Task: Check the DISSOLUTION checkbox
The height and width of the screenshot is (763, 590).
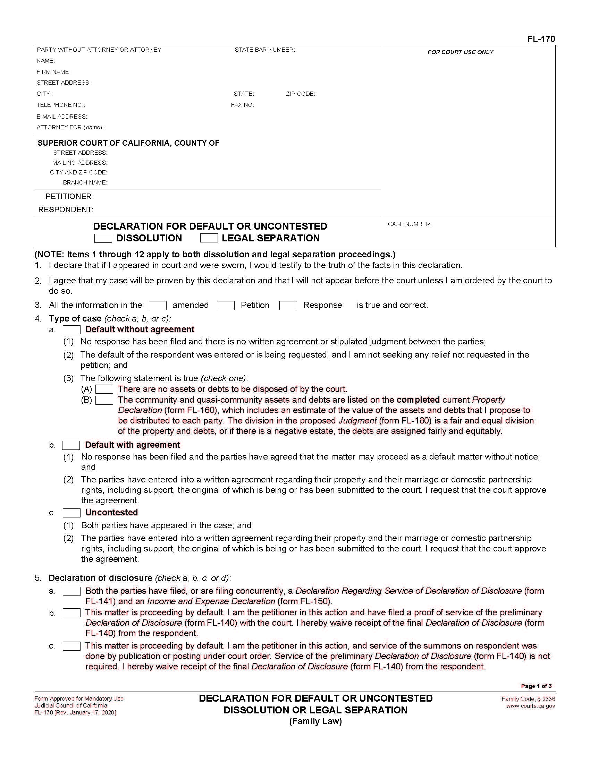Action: tap(103, 238)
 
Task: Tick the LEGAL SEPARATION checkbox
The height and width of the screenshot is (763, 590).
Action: tap(209, 238)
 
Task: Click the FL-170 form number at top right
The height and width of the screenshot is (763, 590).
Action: tap(541, 40)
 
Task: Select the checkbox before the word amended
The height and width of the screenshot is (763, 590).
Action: tap(158, 306)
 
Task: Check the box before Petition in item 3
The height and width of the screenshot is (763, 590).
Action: tap(226, 306)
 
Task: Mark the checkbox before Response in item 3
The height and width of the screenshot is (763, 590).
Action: tap(288, 306)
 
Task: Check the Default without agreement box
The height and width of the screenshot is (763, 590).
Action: tap(71, 330)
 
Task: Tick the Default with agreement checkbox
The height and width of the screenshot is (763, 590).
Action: tap(71, 445)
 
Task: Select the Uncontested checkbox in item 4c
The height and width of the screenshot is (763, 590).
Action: tap(71, 513)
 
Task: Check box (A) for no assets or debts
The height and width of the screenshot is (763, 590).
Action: tap(104, 389)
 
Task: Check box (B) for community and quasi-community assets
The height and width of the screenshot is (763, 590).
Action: tap(104, 400)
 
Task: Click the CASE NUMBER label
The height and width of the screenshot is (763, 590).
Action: tap(410, 224)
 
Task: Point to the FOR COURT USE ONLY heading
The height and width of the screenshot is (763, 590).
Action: tap(460, 52)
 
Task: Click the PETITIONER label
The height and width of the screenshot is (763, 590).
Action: tap(69, 197)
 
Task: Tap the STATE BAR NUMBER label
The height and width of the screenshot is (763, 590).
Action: tap(264, 50)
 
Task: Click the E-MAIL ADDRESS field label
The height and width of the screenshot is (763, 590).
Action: tap(62, 117)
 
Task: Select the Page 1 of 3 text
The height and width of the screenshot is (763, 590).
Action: tap(536, 686)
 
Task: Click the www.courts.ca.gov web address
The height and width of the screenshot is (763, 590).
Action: tap(531, 706)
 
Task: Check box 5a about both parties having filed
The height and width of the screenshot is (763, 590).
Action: tap(71, 591)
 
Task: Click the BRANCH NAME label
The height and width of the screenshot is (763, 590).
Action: tap(85, 183)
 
